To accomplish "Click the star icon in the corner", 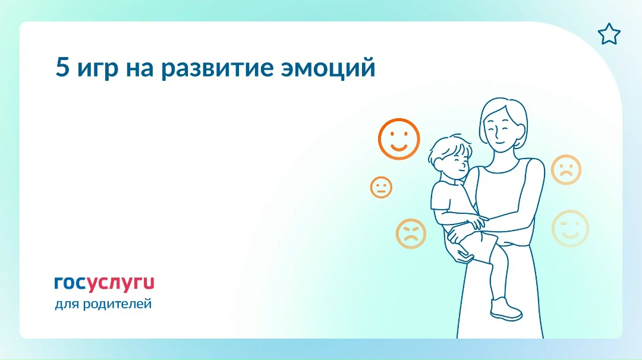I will [x=609, y=35].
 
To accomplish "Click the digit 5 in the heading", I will [x=62, y=67].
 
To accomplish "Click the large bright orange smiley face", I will [x=399, y=139].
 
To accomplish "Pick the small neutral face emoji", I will [x=381, y=187].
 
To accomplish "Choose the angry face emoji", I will [x=411, y=233].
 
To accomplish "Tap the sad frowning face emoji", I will [x=565, y=169].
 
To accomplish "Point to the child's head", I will [x=451, y=156].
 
